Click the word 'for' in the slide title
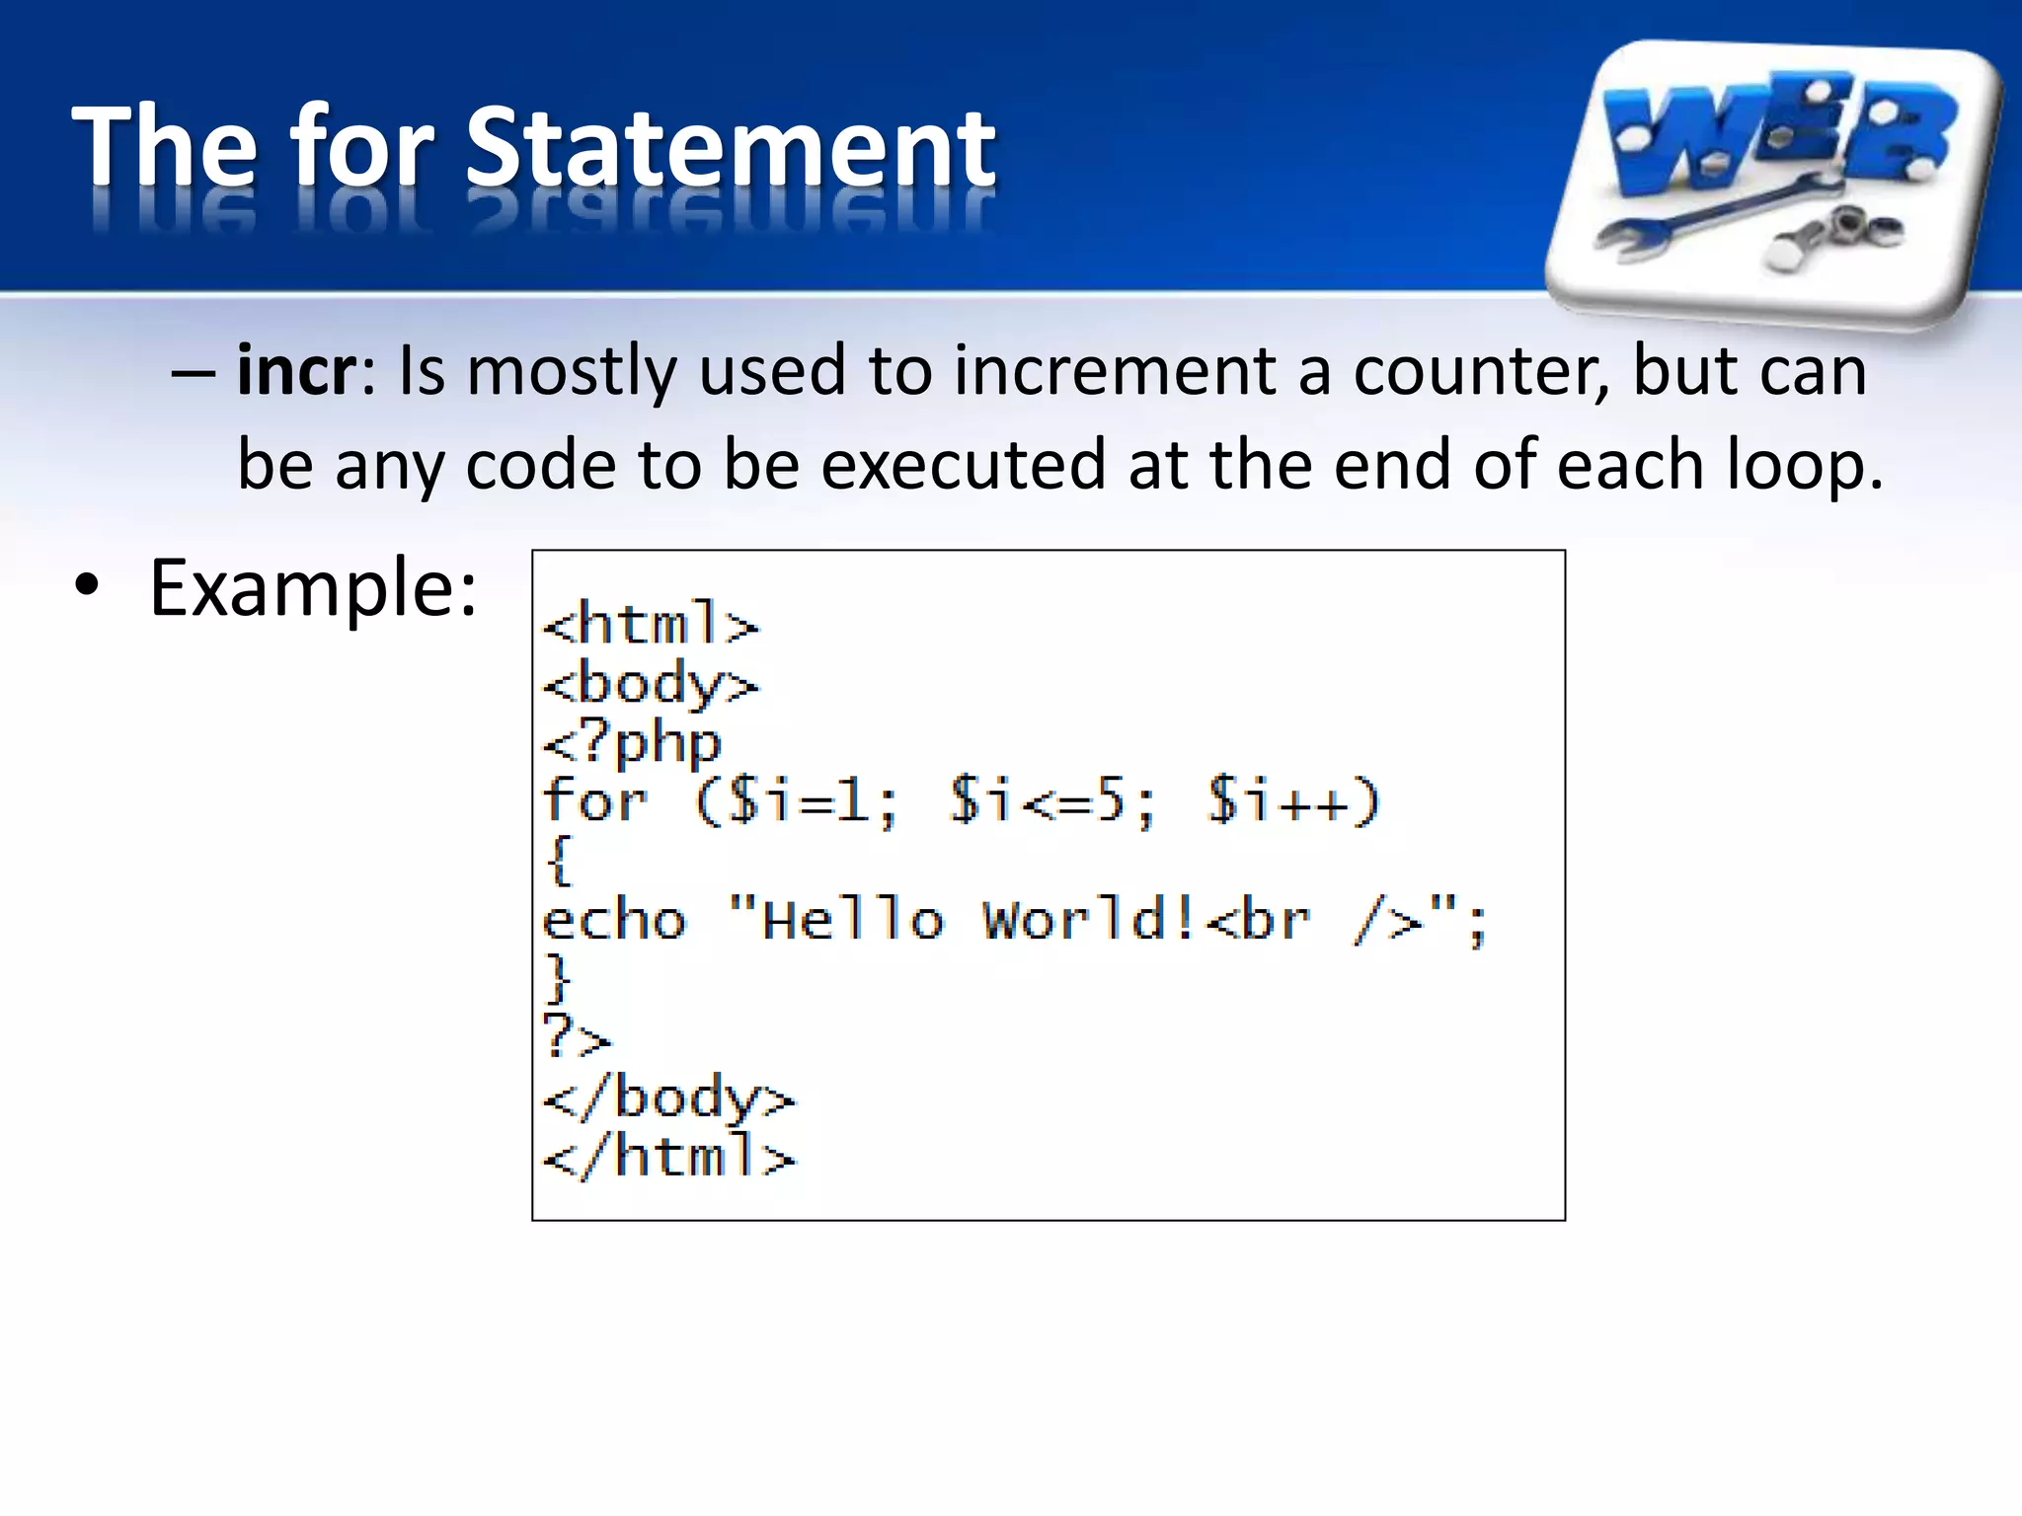(361, 148)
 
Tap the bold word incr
(295, 371)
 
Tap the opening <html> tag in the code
(650, 624)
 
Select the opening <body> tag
(650, 684)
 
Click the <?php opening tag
(632, 743)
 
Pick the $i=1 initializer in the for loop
(798, 800)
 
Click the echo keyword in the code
(614, 920)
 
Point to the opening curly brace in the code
(559, 861)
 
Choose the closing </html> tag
(667, 1157)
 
